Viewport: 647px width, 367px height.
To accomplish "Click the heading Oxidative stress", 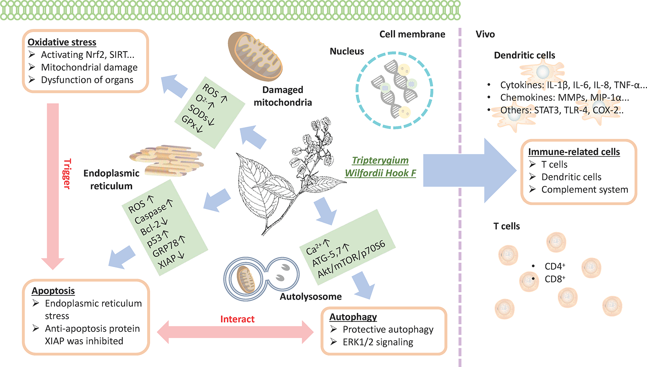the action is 62,42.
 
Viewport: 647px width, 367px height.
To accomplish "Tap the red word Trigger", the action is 67,174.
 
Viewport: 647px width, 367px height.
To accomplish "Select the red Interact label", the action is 237,319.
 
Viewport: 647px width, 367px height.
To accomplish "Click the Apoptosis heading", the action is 53,291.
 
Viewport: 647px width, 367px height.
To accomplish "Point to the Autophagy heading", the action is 353,317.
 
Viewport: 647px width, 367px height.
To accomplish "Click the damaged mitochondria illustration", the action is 255,56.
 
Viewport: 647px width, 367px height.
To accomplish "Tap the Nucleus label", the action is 347,51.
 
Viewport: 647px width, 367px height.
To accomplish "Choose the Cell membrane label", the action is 412,34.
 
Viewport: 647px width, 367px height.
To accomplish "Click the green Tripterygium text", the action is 380,160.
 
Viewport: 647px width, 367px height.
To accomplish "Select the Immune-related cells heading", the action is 574,152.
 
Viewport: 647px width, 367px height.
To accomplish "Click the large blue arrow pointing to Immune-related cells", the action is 470,171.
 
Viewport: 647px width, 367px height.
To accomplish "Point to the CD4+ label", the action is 555,266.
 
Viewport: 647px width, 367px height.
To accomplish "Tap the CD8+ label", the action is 555,279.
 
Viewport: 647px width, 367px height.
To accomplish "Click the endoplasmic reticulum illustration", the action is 166,161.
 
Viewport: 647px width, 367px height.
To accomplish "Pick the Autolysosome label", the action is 311,297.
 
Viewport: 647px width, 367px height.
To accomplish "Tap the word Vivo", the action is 485,34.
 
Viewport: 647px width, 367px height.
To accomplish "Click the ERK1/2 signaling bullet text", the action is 378,342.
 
